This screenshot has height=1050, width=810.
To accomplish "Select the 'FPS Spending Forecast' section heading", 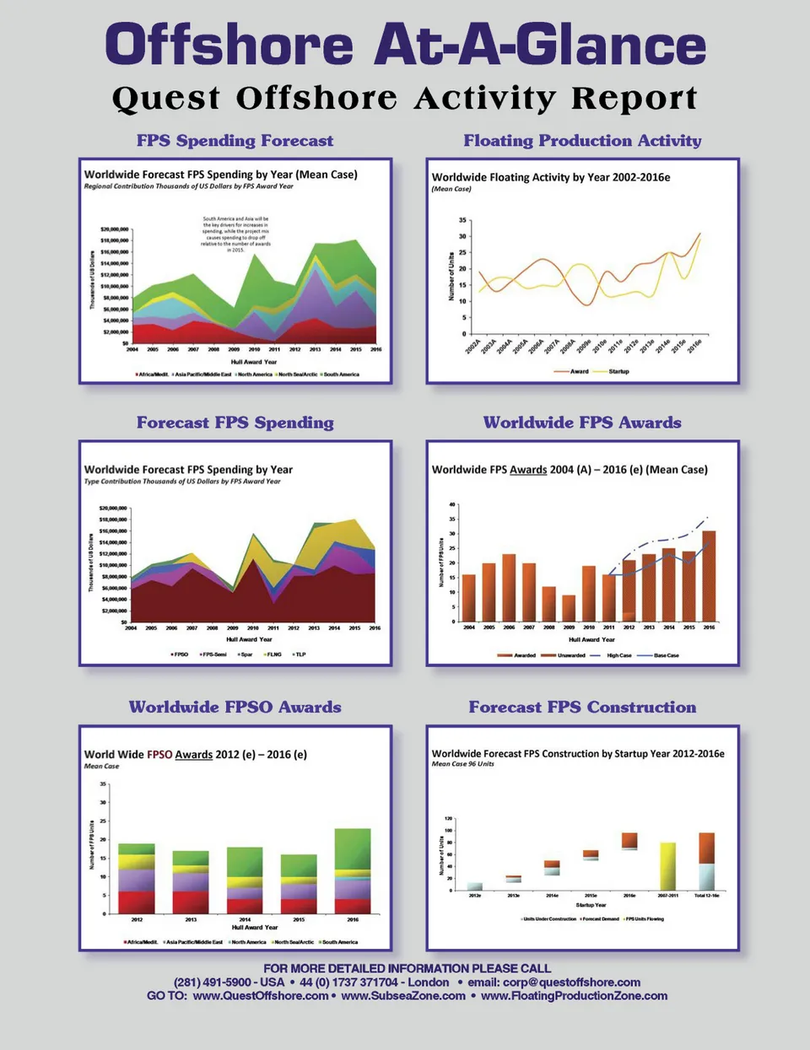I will [x=235, y=141].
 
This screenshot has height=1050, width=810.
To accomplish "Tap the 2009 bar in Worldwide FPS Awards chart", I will [x=569, y=608].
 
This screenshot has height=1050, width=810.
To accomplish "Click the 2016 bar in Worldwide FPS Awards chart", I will [x=709, y=576].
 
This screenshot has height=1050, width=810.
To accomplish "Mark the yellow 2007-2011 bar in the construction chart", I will [x=667, y=866].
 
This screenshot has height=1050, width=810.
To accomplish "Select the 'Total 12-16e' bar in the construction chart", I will [x=707, y=862].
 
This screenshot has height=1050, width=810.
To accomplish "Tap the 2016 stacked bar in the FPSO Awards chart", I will [x=353, y=871].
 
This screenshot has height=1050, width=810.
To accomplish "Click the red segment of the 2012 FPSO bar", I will [x=137, y=902].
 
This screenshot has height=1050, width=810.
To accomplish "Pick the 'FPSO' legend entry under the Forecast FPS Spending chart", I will [x=180, y=654].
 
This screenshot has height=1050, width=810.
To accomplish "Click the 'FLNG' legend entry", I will [x=273, y=654].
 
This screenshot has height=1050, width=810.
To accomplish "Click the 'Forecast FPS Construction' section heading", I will [x=582, y=708].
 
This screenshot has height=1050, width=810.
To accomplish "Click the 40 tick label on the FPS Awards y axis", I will [x=452, y=504].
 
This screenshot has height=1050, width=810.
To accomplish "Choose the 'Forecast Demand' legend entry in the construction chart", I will [x=601, y=919].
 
